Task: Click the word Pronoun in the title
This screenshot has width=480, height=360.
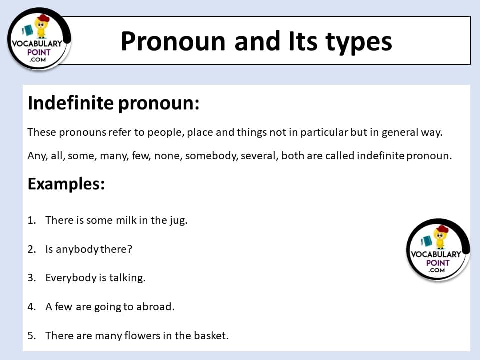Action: [173, 41]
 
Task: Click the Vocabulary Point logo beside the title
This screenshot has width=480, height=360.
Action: [39, 39]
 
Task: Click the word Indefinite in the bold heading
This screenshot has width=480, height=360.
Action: [70, 103]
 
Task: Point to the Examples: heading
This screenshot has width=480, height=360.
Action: [66, 184]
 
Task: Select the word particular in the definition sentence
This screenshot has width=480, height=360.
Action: [324, 133]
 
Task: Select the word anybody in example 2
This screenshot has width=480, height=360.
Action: [77, 250]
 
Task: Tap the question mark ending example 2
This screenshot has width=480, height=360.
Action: [130, 249]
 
